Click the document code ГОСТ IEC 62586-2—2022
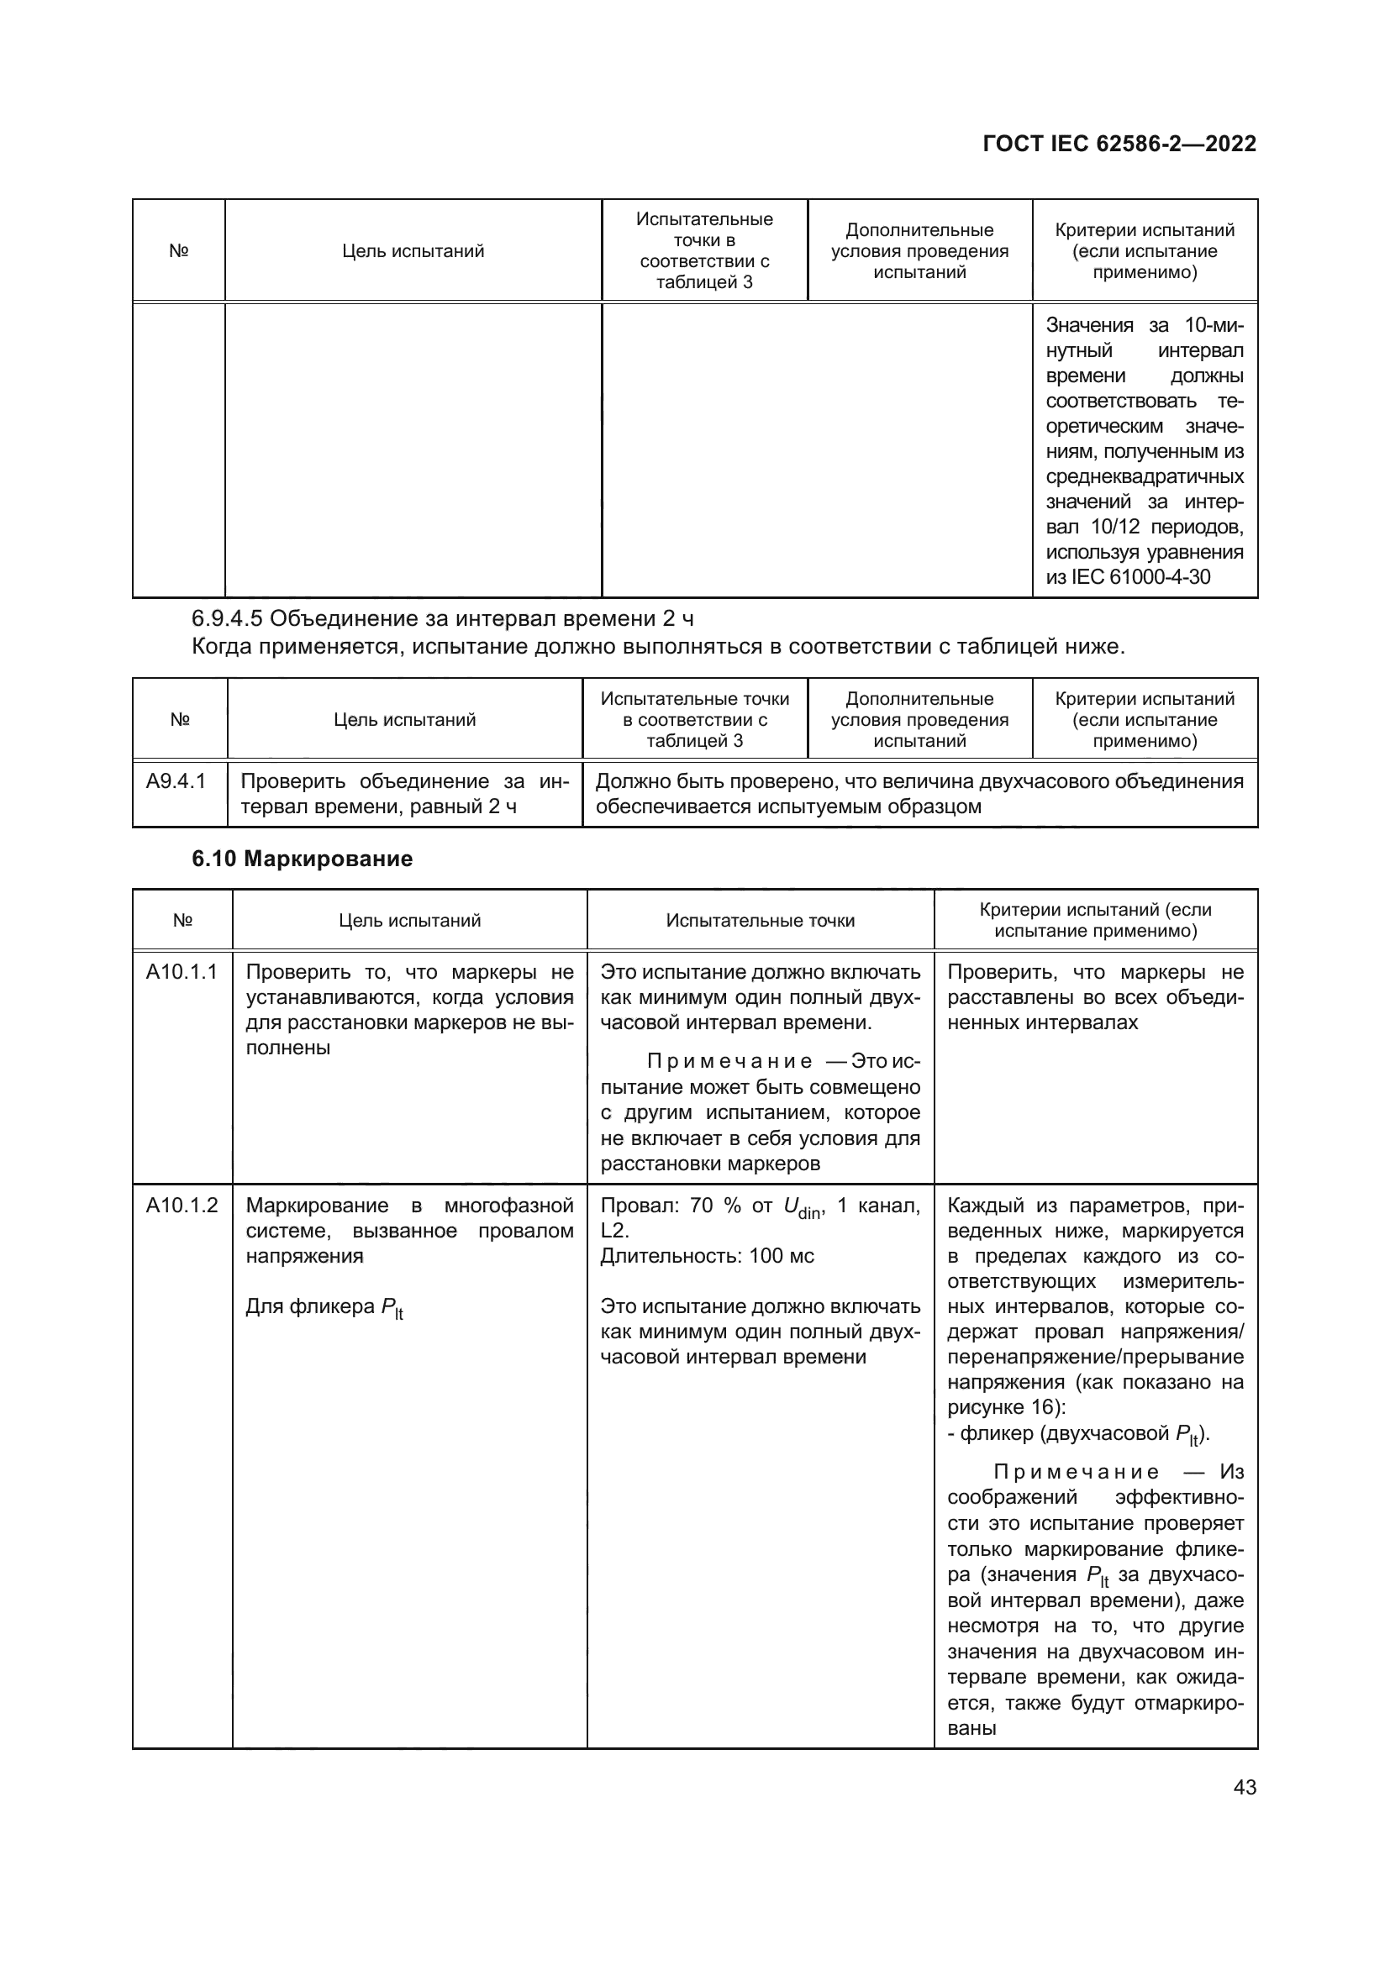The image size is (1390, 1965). pos(1119,144)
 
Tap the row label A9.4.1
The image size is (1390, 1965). pos(176,781)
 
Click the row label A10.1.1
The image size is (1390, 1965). pos(182,972)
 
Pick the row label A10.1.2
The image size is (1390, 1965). pos(182,1206)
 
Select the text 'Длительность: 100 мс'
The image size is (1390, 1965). pos(707,1256)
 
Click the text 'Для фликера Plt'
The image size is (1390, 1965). pos(324,1307)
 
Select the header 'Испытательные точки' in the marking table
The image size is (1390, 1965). pos(760,921)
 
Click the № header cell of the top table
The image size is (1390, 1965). pos(178,250)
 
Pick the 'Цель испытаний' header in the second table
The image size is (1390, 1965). pos(404,720)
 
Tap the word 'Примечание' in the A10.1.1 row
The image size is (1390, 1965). pos(729,1062)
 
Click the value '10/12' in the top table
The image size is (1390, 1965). pos(1115,528)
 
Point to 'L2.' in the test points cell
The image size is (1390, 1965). pos(614,1232)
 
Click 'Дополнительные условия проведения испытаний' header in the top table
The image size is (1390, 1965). pos(919,250)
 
